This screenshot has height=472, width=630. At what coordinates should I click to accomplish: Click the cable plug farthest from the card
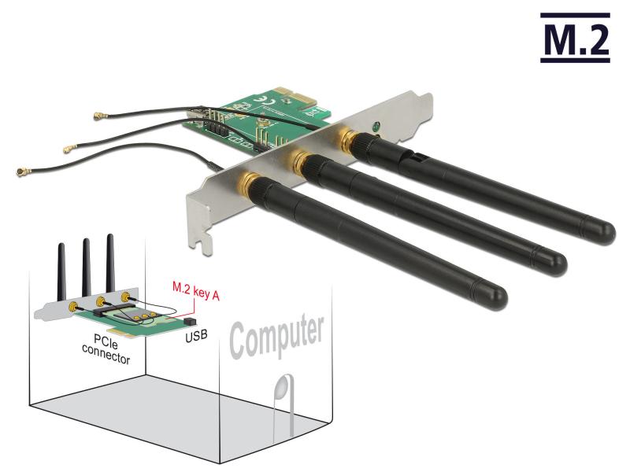17,172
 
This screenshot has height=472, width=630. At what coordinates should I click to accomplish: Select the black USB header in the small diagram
188,323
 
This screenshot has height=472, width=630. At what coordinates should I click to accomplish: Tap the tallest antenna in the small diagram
110,264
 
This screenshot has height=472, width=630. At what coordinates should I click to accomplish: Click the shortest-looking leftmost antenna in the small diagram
61,271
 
